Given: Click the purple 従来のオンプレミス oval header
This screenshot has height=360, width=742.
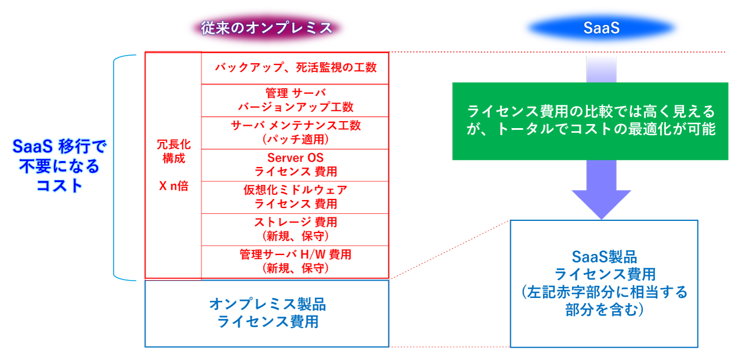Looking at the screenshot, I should [x=267, y=28].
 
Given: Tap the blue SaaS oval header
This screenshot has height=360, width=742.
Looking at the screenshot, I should [x=601, y=28].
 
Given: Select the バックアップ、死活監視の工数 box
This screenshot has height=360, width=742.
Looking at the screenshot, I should [x=295, y=68].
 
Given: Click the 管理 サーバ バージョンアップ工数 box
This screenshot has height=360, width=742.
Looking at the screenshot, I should [x=295, y=100].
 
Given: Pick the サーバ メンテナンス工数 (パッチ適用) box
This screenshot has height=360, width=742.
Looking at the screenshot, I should [x=295, y=133].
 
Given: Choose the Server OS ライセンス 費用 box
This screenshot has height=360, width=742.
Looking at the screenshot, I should [x=295, y=165].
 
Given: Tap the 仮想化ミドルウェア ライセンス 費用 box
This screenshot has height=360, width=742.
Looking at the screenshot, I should [x=295, y=197].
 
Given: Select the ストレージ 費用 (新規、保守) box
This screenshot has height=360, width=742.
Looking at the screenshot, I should [x=295, y=230].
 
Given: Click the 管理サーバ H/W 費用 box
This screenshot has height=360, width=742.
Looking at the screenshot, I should [x=295, y=262].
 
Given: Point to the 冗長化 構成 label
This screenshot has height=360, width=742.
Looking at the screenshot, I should [x=173, y=151].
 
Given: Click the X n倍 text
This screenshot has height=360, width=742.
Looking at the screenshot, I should [x=173, y=187].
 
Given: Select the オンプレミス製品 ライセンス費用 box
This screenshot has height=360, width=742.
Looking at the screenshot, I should [x=267, y=313].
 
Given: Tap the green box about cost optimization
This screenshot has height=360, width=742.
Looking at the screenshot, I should [x=590, y=121].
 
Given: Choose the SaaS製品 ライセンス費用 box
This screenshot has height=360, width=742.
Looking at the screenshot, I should [x=604, y=283].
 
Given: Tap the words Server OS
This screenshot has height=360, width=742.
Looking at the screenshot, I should [x=295, y=158].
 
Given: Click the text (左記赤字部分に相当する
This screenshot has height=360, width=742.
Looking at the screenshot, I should [x=604, y=292].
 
